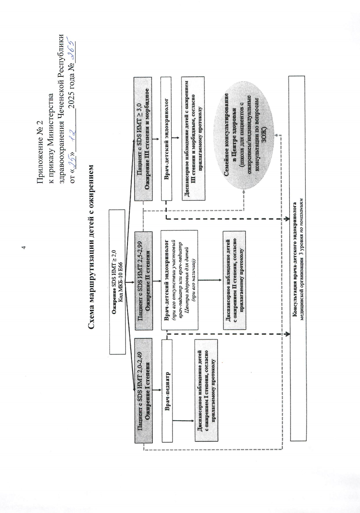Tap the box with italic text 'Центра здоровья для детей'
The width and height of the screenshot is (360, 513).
pos(179,280)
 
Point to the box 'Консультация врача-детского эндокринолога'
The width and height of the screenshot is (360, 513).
pos(297,258)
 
